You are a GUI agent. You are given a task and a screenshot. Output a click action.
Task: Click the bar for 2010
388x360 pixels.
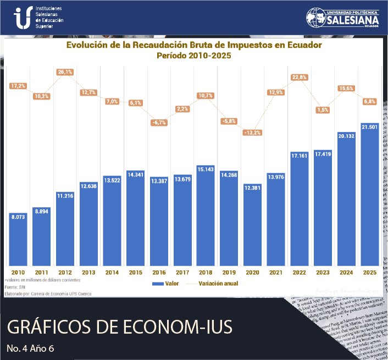(x=18, y=236)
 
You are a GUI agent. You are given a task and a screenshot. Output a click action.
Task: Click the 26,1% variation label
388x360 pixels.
(x=65, y=72)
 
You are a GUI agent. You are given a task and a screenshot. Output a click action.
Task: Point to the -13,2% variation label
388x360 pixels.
(x=253, y=132)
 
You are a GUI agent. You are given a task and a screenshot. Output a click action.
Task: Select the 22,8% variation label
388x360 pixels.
(x=300, y=77)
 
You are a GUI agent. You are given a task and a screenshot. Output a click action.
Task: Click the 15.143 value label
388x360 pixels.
(x=206, y=169)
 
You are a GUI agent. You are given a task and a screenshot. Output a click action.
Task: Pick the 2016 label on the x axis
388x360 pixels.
(x=159, y=272)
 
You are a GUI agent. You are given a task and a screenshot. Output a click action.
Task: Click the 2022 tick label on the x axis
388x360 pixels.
(x=300, y=272)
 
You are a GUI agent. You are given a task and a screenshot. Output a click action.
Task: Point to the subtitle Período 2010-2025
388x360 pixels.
(x=193, y=56)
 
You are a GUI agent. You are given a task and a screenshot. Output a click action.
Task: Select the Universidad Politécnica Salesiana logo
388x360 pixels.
(x=344, y=18)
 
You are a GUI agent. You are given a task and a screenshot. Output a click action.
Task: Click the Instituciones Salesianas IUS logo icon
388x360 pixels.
(x=22, y=18)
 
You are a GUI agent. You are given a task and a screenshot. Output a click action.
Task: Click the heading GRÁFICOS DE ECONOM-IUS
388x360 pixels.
(x=119, y=327)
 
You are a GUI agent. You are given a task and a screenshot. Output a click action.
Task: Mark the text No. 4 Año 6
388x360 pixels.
(x=31, y=348)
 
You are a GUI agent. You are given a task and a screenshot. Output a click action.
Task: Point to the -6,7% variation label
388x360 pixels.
(x=159, y=123)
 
